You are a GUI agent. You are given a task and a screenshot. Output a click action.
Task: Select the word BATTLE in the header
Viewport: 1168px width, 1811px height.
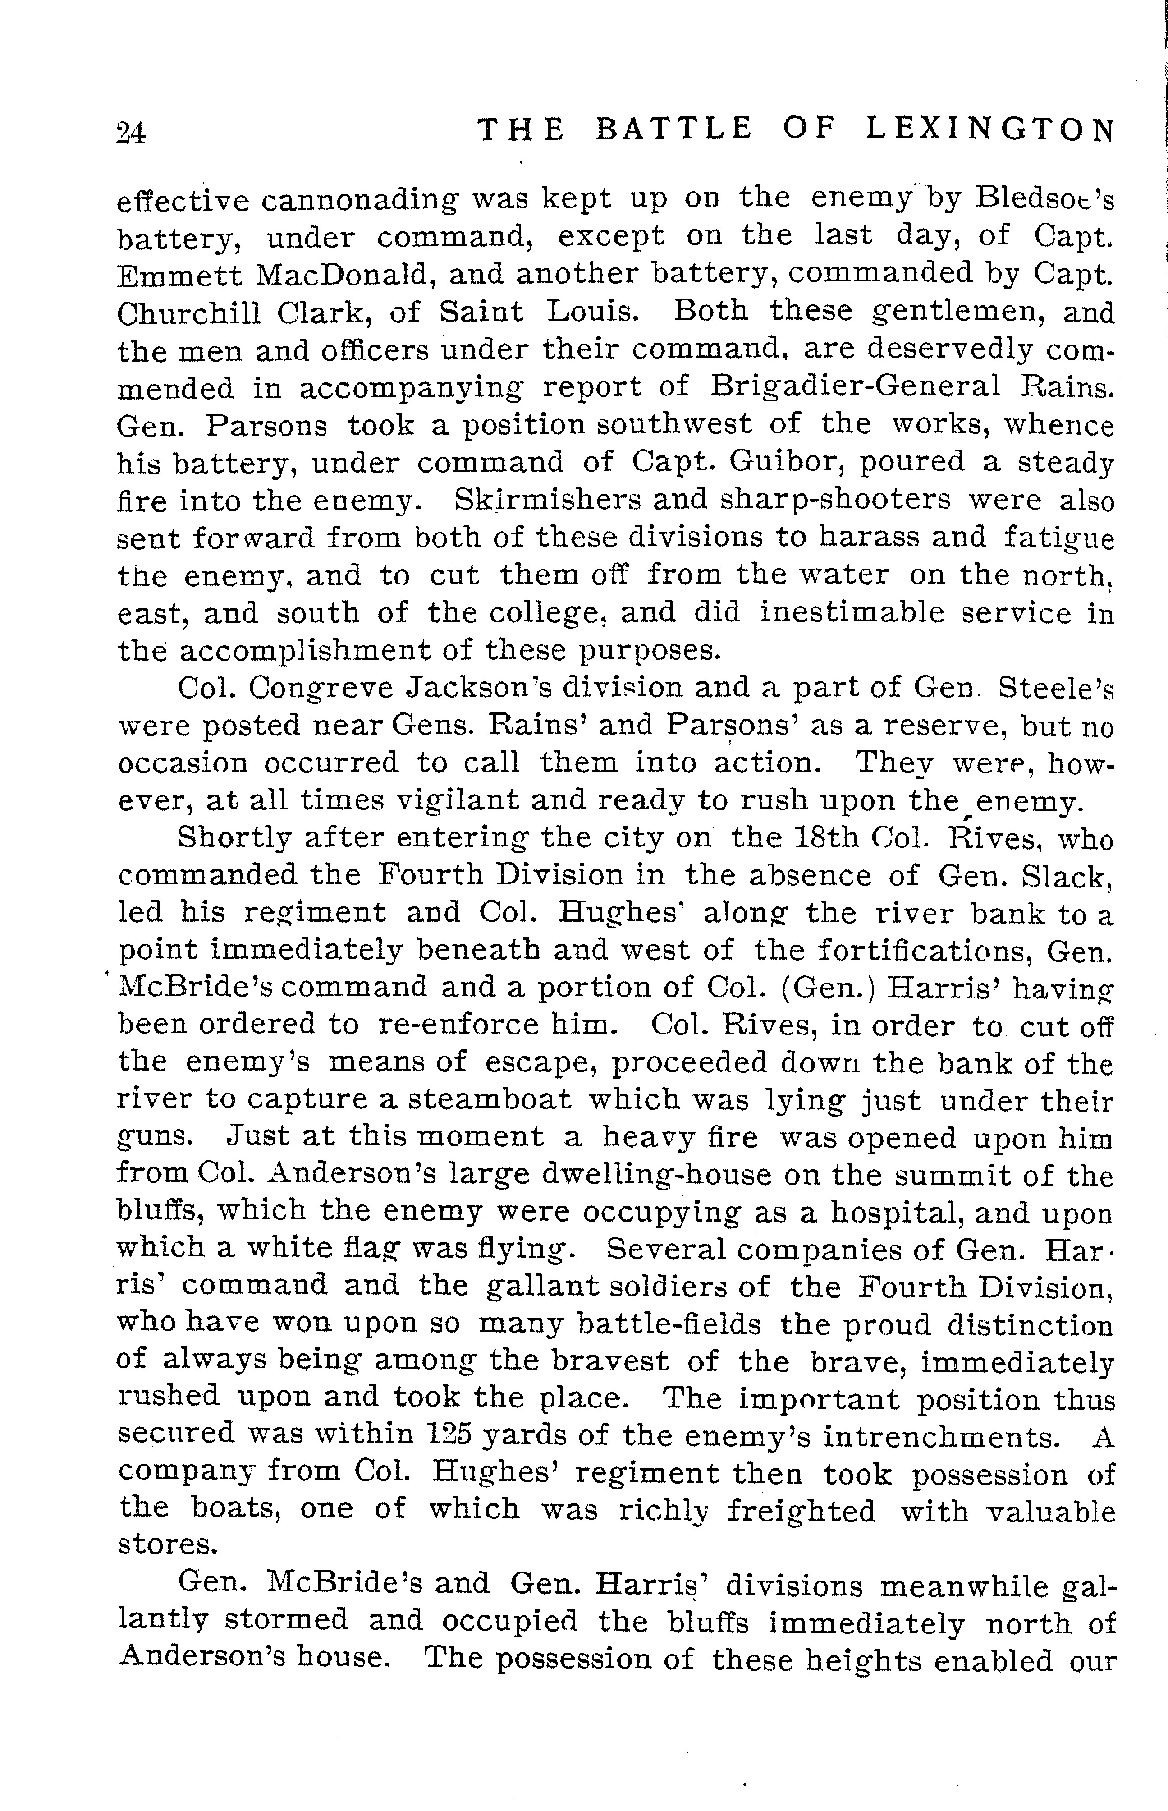click(673, 129)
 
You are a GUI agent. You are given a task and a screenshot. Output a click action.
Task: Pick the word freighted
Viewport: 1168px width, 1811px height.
click(801, 1511)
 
